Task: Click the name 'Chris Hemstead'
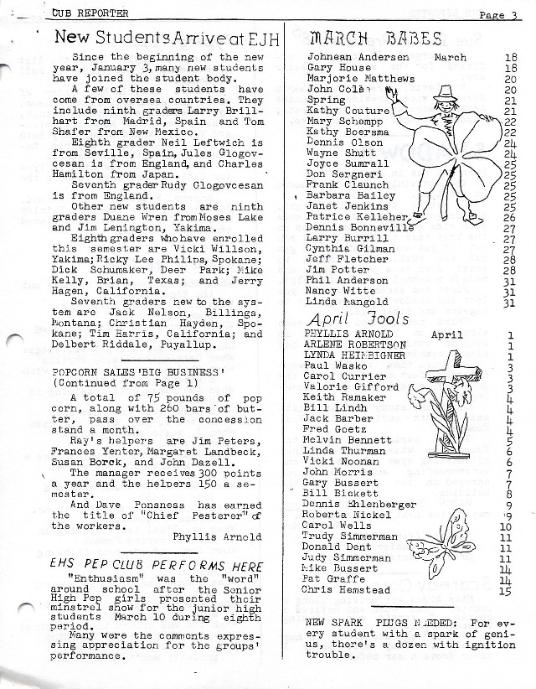[346, 590]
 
